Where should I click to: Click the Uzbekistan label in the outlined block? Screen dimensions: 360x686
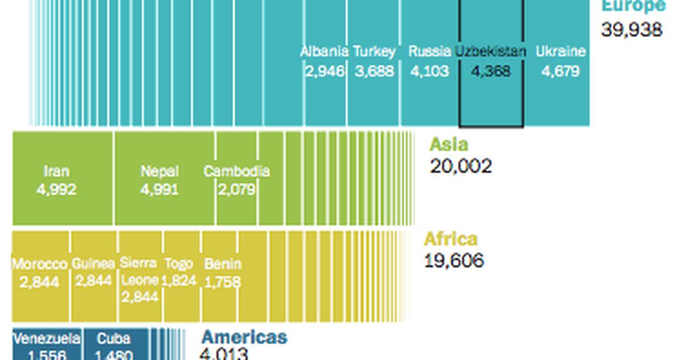490,51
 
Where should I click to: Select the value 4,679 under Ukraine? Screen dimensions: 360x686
560,71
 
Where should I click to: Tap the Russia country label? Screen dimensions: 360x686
429,51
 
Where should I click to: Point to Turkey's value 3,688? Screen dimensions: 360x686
374,71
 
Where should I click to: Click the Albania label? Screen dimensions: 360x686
325,51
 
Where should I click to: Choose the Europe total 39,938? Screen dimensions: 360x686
631,30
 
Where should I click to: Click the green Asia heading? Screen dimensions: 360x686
449,144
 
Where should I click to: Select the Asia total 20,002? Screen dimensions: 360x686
460,166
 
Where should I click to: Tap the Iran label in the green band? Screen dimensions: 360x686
56,171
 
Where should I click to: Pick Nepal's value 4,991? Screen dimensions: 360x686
159,189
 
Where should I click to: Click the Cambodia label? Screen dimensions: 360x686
236,171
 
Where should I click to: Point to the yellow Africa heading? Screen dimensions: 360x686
450,239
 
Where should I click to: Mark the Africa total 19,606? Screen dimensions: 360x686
454,261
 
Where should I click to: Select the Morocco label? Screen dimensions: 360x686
39,264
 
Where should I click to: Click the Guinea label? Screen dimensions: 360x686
93,264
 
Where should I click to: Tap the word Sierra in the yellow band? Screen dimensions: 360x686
138,263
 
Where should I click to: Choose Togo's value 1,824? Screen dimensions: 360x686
178,281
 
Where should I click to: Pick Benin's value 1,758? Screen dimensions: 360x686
222,282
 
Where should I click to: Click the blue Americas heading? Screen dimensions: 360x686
244,337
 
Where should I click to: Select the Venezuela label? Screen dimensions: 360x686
47,338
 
